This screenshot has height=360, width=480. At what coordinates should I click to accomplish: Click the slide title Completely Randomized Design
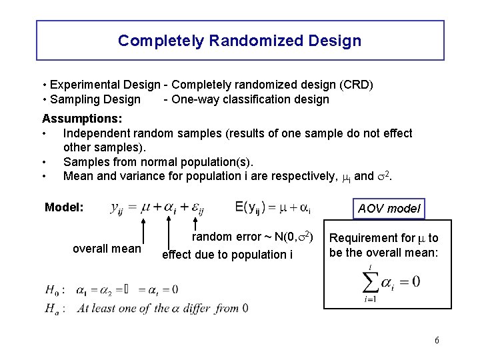tap(239, 41)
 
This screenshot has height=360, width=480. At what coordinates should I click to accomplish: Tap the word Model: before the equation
tap(64, 207)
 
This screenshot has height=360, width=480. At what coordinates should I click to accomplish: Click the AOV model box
tap(389, 209)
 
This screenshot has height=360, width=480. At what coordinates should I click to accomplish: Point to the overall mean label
tap(107, 249)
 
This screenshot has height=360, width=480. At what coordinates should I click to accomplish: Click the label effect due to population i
tap(227, 254)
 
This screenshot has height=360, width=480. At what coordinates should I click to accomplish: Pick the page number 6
tap(437, 341)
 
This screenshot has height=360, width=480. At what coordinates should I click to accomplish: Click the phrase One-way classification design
tap(250, 99)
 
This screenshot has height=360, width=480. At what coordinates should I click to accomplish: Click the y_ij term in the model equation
tap(117, 208)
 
